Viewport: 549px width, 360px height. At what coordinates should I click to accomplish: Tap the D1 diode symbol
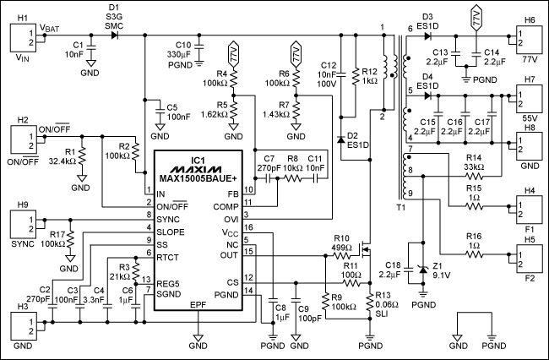(115, 35)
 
